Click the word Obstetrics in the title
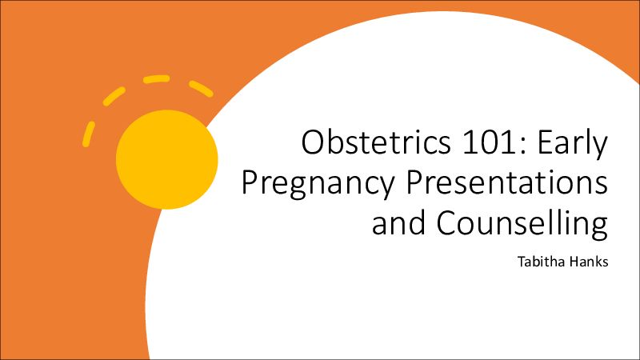pyautogui.click(x=376, y=142)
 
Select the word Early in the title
pyautogui.click(x=572, y=145)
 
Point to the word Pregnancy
pyautogui.click(x=318, y=185)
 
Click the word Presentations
pyautogui.click(x=506, y=182)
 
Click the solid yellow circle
pyautogui.click(x=167, y=159)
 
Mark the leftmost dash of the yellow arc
pyautogui.click(x=88, y=134)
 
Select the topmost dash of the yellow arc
pyautogui.click(x=156, y=78)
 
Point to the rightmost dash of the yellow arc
pyautogui.click(x=201, y=89)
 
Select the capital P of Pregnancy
pyautogui.click(x=250, y=183)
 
